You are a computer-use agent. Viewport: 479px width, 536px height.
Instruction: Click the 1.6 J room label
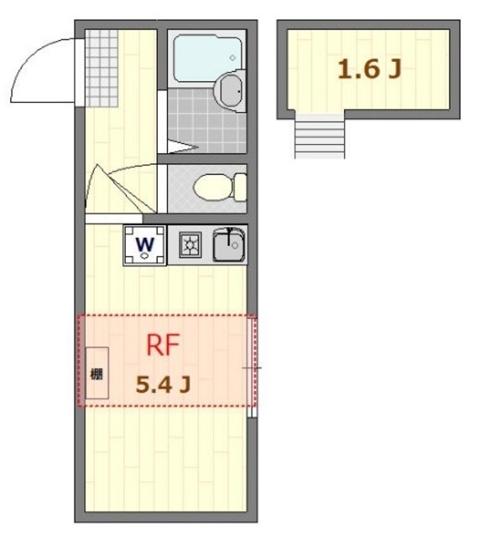click(369, 70)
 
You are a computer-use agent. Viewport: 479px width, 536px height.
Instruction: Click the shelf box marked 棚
click(96, 374)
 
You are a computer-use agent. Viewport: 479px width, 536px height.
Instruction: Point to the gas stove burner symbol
click(189, 245)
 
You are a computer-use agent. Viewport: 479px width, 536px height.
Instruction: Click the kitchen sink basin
click(226, 246)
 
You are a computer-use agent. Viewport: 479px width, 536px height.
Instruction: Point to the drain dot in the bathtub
click(232, 58)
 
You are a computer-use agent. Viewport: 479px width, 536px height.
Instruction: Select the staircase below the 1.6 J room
click(319, 136)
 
